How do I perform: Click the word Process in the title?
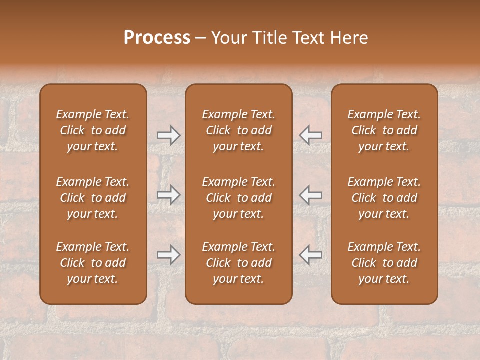[x=157, y=38]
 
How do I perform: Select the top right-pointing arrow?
[x=168, y=135]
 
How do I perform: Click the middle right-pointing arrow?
[x=168, y=195]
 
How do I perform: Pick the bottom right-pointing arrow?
[x=168, y=255]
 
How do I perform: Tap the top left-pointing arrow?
[x=311, y=135]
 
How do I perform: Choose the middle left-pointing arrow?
[x=311, y=195]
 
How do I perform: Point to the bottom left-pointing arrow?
[x=311, y=255]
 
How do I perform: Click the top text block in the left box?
[x=93, y=130]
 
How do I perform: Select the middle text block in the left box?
[x=93, y=198]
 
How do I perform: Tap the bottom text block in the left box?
[x=93, y=263]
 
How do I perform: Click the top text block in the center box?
[x=239, y=130]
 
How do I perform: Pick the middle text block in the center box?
[x=239, y=198]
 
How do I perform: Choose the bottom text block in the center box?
[x=239, y=263]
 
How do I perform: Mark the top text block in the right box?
[x=384, y=130]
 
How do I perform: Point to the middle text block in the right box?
[x=384, y=198]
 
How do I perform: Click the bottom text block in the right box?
[x=384, y=263]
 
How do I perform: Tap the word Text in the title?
[x=308, y=38]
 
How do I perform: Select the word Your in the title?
[x=228, y=38]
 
